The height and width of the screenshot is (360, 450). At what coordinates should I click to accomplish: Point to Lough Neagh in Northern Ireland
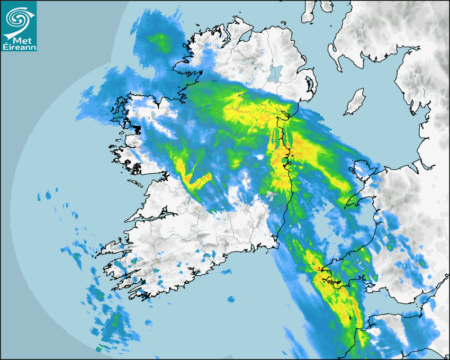click(275, 73)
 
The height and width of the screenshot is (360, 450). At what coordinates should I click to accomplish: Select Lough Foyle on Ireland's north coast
click(247, 33)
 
